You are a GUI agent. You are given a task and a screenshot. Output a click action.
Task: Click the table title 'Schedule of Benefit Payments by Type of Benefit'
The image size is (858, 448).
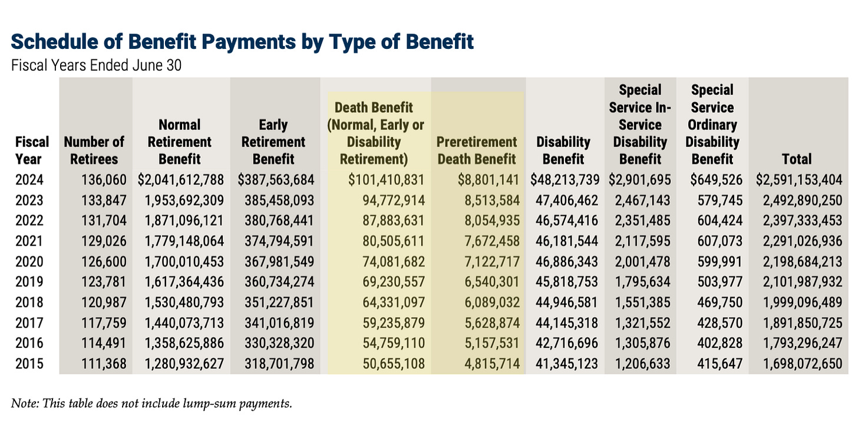(x=242, y=42)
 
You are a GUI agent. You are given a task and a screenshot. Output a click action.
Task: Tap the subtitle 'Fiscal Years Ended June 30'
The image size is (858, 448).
(x=96, y=65)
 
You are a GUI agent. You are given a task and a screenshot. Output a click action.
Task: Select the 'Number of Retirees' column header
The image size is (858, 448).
(x=94, y=150)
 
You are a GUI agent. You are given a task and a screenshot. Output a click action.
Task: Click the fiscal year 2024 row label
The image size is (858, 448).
(x=29, y=180)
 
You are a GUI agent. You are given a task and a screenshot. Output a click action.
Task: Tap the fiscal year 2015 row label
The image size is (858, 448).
(x=29, y=364)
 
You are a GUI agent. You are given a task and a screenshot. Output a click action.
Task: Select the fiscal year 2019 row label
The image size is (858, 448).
(x=29, y=282)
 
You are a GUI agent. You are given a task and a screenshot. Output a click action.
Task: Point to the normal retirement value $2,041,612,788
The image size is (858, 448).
(x=181, y=180)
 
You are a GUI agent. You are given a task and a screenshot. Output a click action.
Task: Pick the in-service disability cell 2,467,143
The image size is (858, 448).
(x=643, y=200)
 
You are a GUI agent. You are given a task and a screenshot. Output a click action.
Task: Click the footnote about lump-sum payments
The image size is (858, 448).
(x=151, y=404)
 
